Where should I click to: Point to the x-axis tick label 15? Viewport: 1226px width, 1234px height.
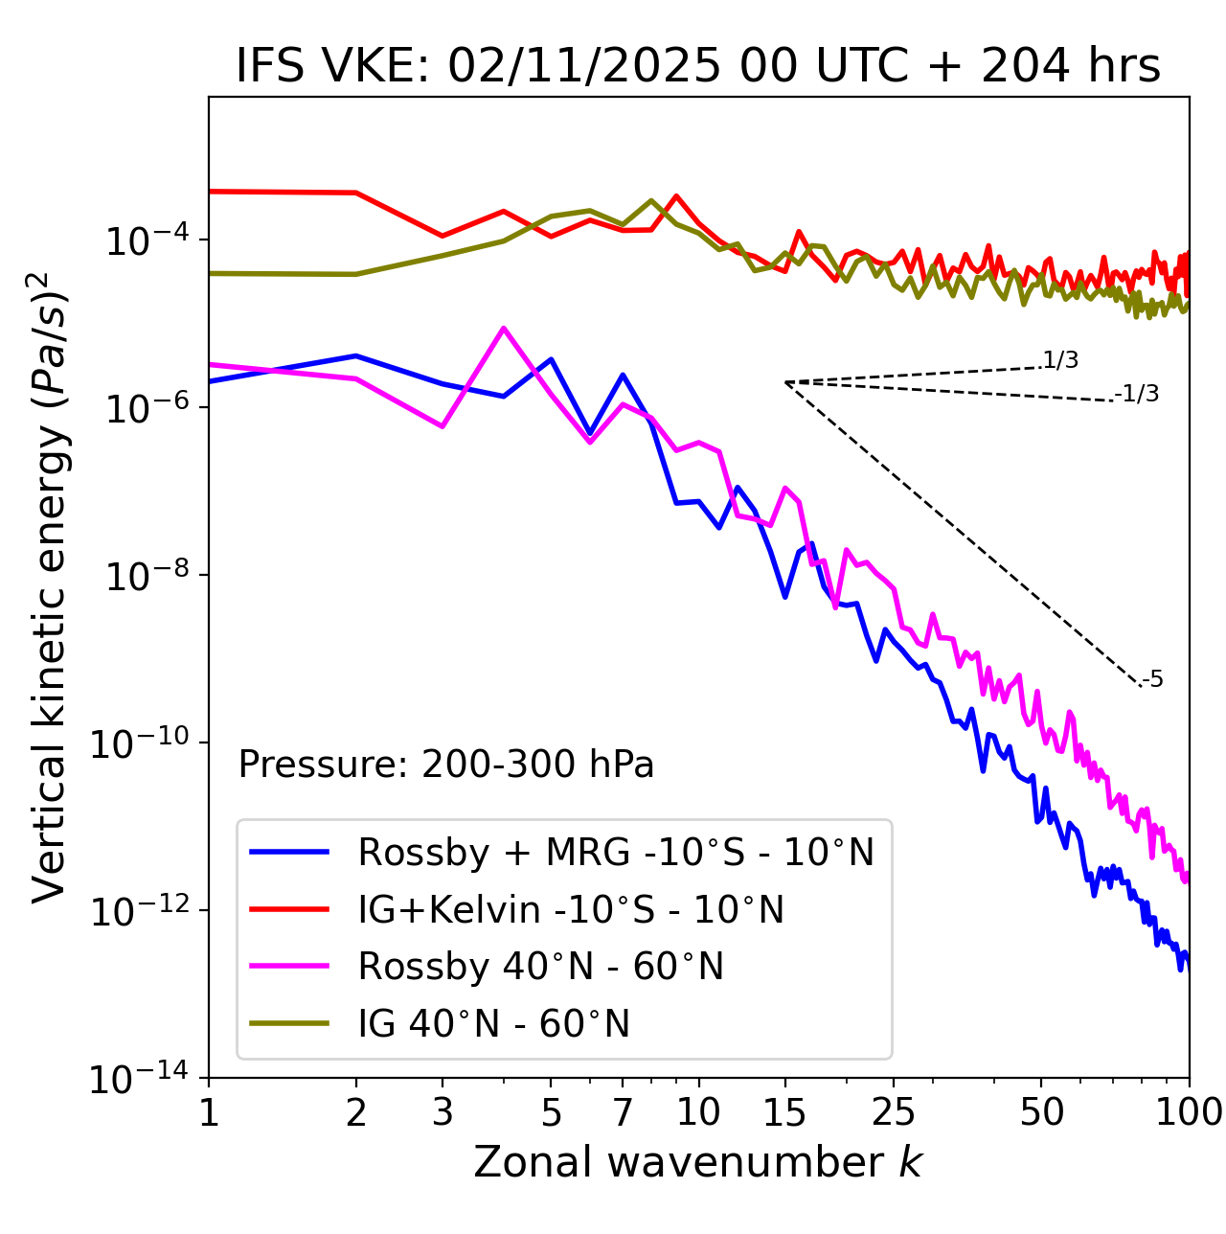(x=784, y=1112)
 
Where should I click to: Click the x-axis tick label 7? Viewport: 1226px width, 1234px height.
(x=623, y=1112)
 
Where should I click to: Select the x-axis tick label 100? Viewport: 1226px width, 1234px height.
(x=1188, y=1112)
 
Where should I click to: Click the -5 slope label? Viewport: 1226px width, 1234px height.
(x=1152, y=680)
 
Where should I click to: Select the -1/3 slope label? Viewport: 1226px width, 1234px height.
(x=1138, y=394)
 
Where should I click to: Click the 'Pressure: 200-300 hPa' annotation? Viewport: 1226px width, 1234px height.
(x=445, y=765)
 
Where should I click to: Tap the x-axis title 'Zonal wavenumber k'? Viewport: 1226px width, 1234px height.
(x=697, y=1162)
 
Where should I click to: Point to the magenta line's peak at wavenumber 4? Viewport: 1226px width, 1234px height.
(x=504, y=329)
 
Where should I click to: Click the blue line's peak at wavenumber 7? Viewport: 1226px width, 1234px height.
(x=623, y=375)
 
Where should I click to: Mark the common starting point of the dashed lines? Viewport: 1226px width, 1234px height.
(x=784, y=382)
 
